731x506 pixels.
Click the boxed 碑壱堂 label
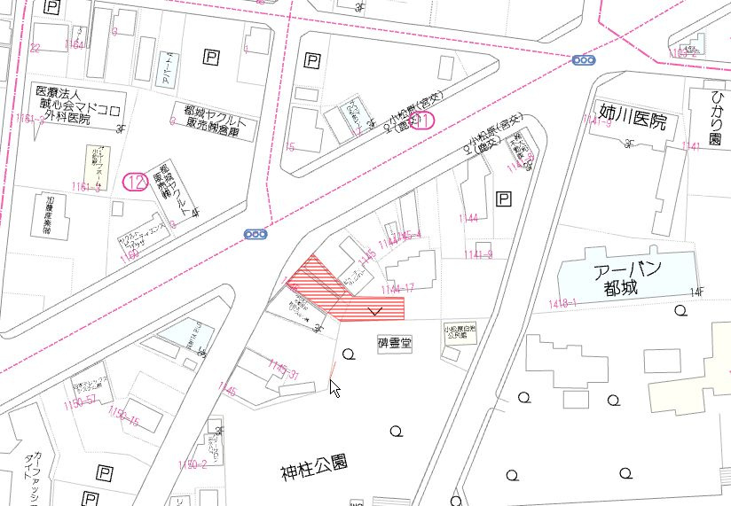pos(395,341)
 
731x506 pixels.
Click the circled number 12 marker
pos(135,182)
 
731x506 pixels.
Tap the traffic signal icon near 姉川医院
pos(584,60)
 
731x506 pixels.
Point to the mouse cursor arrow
pos(334,387)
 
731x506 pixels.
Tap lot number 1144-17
pos(397,289)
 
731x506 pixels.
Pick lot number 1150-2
pos(192,463)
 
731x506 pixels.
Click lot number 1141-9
pos(477,254)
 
